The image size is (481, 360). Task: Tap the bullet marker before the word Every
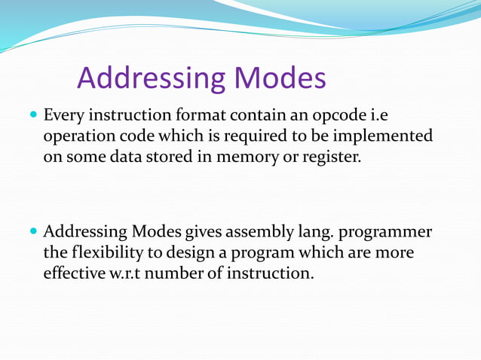pyautogui.click(x=32, y=117)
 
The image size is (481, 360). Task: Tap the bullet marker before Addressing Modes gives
pyautogui.click(x=32, y=232)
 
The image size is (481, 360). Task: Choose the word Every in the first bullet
pyautogui.click(x=64, y=117)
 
